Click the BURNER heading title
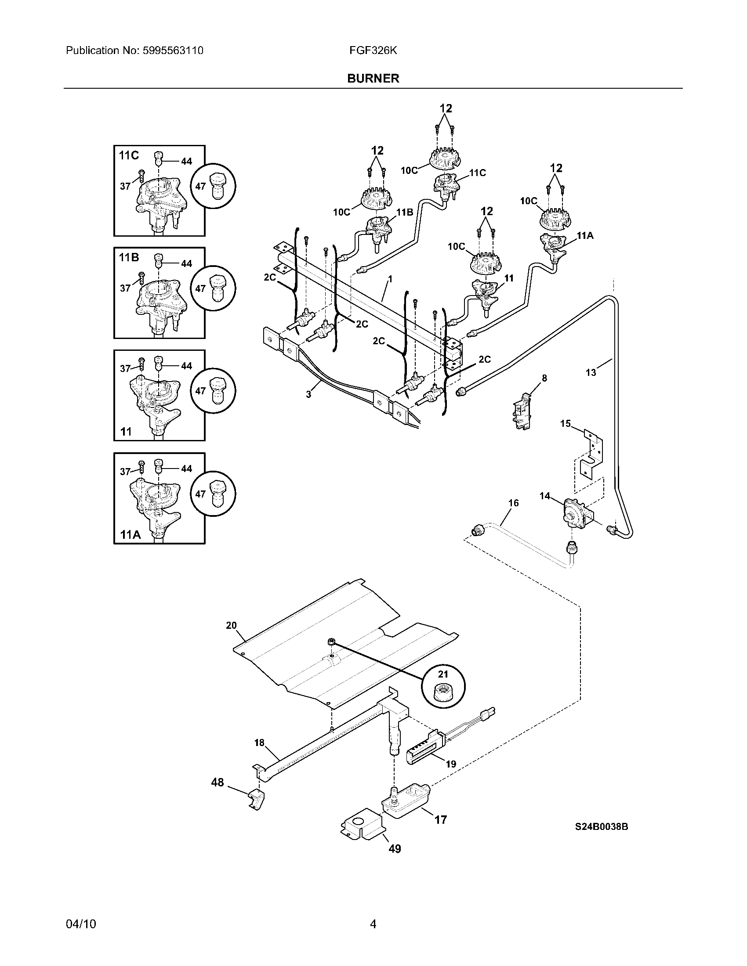click(373, 78)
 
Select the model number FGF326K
click(373, 50)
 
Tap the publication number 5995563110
click(173, 50)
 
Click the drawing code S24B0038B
click(602, 826)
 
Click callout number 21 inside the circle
click(443, 674)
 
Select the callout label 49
click(394, 849)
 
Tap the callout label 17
click(440, 820)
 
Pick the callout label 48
click(217, 782)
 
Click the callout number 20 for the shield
click(232, 625)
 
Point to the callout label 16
click(513, 503)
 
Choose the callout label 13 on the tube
click(591, 372)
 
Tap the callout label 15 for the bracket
click(566, 424)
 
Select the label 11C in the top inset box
click(129, 155)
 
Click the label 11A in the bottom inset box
click(130, 535)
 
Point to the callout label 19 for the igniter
click(450, 764)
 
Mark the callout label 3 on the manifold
click(308, 394)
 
